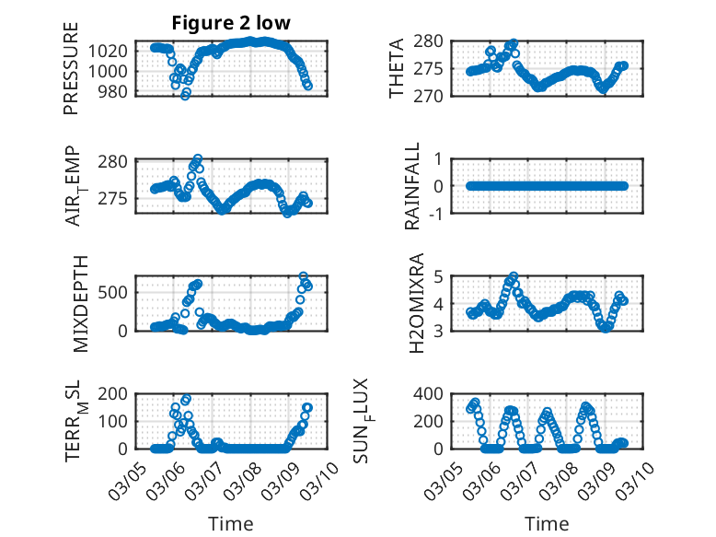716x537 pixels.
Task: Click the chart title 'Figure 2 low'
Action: click(x=231, y=23)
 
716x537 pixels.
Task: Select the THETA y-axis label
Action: click(x=397, y=67)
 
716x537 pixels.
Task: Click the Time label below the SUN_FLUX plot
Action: click(x=547, y=523)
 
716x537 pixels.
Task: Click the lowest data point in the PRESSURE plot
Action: click(x=185, y=95)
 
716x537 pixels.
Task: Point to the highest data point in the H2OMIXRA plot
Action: click(x=514, y=276)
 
